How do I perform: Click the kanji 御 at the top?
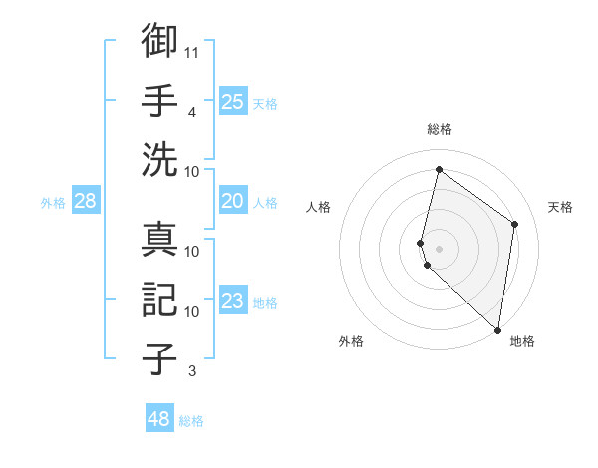tap(159, 42)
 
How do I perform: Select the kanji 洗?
tap(159, 159)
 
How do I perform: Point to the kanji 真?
tap(159, 241)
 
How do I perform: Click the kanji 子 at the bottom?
tap(159, 356)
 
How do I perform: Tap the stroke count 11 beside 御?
tap(192, 51)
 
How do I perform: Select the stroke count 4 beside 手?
tap(192, 112)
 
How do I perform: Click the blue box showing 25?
tap(232, 101)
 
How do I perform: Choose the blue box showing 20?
tap(232, 201)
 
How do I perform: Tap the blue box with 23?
tap(232, 301)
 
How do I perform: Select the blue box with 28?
tap(85, 201)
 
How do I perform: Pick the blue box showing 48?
tap(159, 419)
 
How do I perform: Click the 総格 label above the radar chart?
tap(440, 129)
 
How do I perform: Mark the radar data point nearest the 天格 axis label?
tap(514, 224)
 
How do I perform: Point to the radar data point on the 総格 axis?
tap(439, 170)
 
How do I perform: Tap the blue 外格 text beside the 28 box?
tap(53, 203)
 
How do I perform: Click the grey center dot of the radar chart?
tap(440, 247)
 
